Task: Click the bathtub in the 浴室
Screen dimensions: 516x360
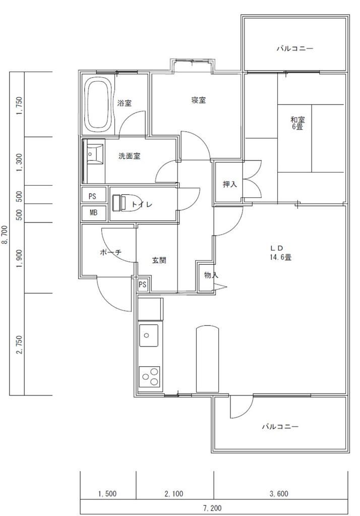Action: tap(98, 104)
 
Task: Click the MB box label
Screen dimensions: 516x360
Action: tap(93, 213)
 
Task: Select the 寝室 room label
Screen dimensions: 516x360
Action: tap(198, 100)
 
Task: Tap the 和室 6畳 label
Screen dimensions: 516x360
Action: tap(297, 123)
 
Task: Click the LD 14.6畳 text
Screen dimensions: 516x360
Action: tap(281, 252)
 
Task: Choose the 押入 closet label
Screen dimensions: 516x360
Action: tap(230, 185)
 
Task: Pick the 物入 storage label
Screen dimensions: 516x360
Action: tap(211, 275)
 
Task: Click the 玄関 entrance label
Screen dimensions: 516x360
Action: tap(159, 261)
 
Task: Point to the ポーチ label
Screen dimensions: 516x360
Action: tap(110, 253)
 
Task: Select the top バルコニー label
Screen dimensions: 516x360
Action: tap(295, 49)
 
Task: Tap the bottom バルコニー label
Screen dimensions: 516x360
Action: tap(280, 427)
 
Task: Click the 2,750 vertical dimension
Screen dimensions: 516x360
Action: tap(19, 345)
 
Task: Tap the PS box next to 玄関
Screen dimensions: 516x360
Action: tap(142, 284)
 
